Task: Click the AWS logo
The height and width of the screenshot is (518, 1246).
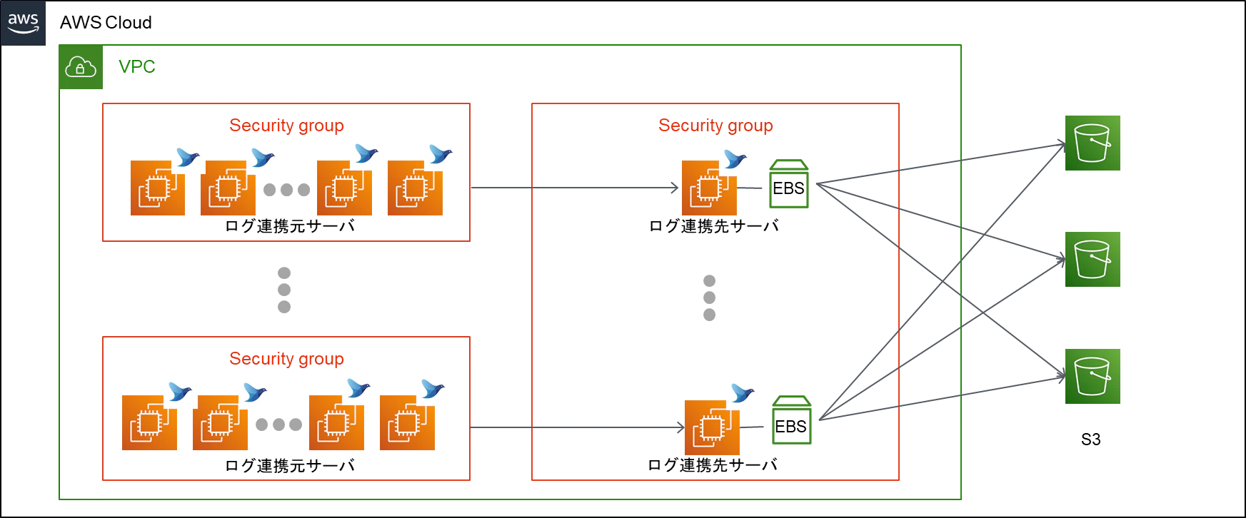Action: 23,23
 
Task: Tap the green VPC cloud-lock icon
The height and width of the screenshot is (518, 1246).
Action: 81,68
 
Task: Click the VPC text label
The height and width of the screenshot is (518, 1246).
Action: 138,66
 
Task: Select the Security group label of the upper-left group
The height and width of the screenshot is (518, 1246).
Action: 287,126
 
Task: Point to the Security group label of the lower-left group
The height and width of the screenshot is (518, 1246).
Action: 287,359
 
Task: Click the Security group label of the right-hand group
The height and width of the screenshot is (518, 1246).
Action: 715,126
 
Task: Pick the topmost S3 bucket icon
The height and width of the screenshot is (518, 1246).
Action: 1093,143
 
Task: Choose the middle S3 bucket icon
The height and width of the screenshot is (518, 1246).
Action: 1093,260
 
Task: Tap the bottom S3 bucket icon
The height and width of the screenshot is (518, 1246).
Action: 1093,377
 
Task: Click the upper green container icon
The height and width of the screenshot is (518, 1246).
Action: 788,184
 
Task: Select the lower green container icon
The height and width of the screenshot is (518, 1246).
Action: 793,421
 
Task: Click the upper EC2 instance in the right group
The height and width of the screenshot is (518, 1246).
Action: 708,188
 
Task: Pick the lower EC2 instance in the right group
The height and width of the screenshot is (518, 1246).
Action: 712,428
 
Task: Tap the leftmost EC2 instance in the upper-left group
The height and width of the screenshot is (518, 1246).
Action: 156,188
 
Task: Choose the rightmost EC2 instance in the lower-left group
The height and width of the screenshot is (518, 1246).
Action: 408,423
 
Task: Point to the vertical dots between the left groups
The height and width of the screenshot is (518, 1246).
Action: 283,288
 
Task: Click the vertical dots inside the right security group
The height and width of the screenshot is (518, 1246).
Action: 711,299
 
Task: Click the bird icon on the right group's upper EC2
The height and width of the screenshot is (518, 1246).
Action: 734,157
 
